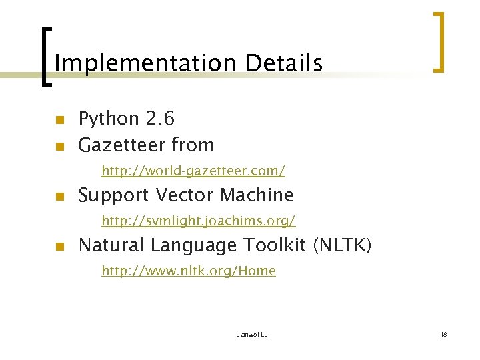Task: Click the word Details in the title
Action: (x=283, y=63)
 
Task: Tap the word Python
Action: (x=108, y=119)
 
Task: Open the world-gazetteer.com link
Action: (x=193, y=171)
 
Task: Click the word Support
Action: (x=113, y=195)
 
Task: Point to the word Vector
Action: (x=185, y=195)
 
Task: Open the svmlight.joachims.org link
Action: (x=198, y=220)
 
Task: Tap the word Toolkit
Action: (x=275, y=245)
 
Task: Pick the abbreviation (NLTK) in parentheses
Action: (x=342, y=245)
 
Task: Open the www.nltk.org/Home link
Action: (x=188, y=271)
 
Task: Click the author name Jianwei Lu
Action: (x=252, y=334)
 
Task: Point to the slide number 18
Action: (x=443, y=334)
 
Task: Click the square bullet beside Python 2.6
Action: (x=59, y=121)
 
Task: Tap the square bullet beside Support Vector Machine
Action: (x=59, y=197)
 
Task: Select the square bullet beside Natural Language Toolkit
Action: (x=59, y=247)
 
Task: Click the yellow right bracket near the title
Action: (x=439, y=41)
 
